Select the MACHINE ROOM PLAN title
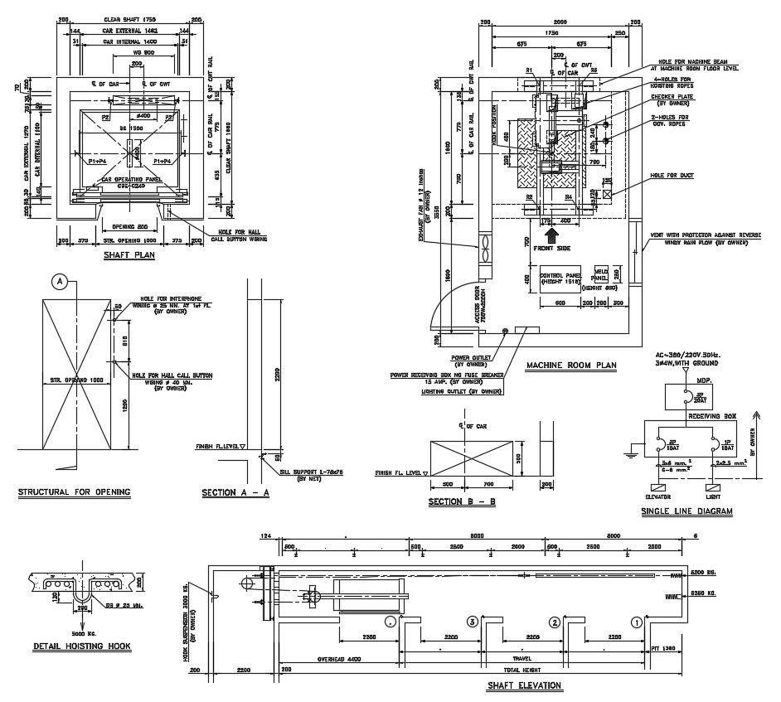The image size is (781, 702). [571, 364]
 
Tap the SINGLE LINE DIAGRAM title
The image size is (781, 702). [686, 512]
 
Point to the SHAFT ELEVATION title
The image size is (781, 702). [523, 685]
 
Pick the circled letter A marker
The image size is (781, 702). [60, 282]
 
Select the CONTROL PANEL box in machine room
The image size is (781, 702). [561, 278]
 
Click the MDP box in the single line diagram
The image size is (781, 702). [686, 398]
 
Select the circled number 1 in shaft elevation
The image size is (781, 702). [637, 622]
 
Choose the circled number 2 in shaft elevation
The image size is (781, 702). [554, 622]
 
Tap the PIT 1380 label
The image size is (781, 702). [665, 649]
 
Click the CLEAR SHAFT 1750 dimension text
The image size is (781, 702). [130, 18]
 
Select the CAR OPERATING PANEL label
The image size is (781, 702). [130, 179]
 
